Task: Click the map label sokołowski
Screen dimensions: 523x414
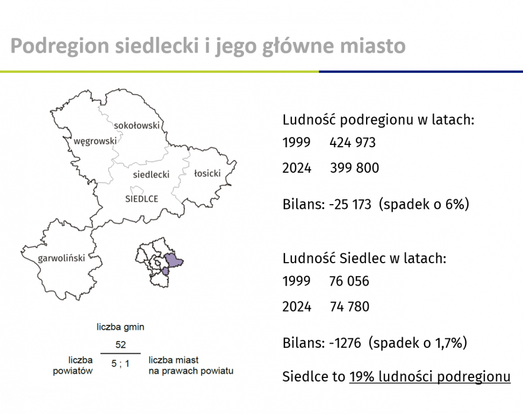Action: (137, 125)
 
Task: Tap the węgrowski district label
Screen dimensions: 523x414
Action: (95, 141)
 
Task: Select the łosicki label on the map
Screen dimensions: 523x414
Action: (207, 173)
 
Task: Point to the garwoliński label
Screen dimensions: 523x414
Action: (62, 258)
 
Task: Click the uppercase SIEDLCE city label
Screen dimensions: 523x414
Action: (142, 199)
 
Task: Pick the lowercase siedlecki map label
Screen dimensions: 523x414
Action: (151, 174)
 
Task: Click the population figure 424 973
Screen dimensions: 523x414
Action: (352, 143)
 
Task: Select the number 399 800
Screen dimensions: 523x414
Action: (355, 168)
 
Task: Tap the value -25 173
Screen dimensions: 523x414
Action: (350, 204)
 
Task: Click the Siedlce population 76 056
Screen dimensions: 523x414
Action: (349, 281)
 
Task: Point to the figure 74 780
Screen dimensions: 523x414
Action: (349, 306)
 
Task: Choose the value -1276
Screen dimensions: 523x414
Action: (345, 342)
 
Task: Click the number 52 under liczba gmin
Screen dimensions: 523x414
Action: (121, 344)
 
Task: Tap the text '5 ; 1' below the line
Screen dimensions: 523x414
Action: (120, 364)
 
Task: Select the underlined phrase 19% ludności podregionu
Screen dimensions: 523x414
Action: (430, 377)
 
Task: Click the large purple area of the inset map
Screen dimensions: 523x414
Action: (173, 260)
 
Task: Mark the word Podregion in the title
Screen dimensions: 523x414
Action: (60, 46)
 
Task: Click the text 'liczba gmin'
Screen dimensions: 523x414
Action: (120, 327)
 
